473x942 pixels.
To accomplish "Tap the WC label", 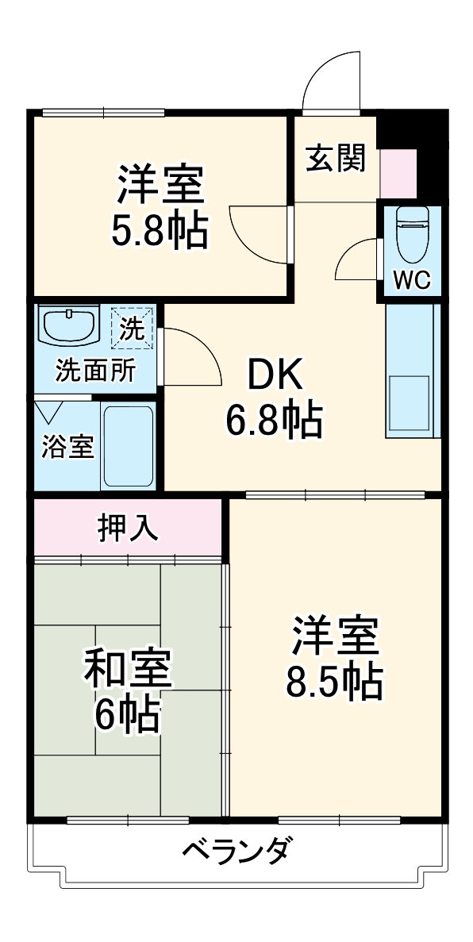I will [411, 279].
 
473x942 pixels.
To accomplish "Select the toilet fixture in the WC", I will [411, 233].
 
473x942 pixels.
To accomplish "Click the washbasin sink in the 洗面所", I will [68, 325].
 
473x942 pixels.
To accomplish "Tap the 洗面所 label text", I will [94, 370].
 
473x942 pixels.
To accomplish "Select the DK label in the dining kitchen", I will [275, 376].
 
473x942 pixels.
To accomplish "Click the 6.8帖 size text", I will [275, 421].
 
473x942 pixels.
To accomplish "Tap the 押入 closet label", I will [127, 528].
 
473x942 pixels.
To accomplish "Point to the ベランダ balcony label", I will [236, 853].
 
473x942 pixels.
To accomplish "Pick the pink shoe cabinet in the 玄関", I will [398, 172].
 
